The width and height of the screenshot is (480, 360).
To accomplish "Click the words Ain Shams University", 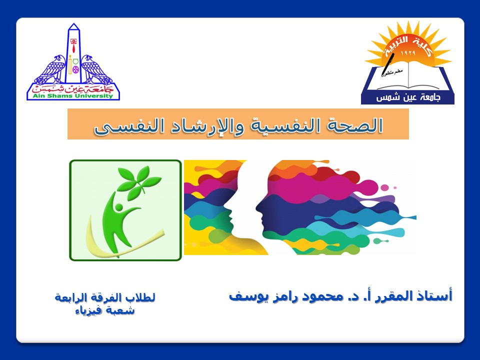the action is pyautogui.click(x=73, y=96).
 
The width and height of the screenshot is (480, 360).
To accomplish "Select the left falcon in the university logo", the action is pyautogui.click(x=50, y=69).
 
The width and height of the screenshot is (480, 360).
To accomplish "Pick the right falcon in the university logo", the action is pyautogui.click(x=96, y=69).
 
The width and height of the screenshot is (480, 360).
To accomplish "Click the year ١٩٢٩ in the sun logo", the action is pyautogui.click(x=408, y=53).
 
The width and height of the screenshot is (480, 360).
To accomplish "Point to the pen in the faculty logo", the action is pyautogui.click(x=387, y=64).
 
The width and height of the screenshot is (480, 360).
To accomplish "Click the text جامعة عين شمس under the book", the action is pyautogui.click(x=408, y=97).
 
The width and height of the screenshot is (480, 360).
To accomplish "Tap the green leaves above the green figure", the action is pyautogui.click(x=138, y=181).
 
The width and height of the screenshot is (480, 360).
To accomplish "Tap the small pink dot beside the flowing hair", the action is pyautogui.click(x=395, y=187).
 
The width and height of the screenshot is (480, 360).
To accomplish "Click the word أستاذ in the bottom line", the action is pyautogui.click(x=436, y=295).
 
